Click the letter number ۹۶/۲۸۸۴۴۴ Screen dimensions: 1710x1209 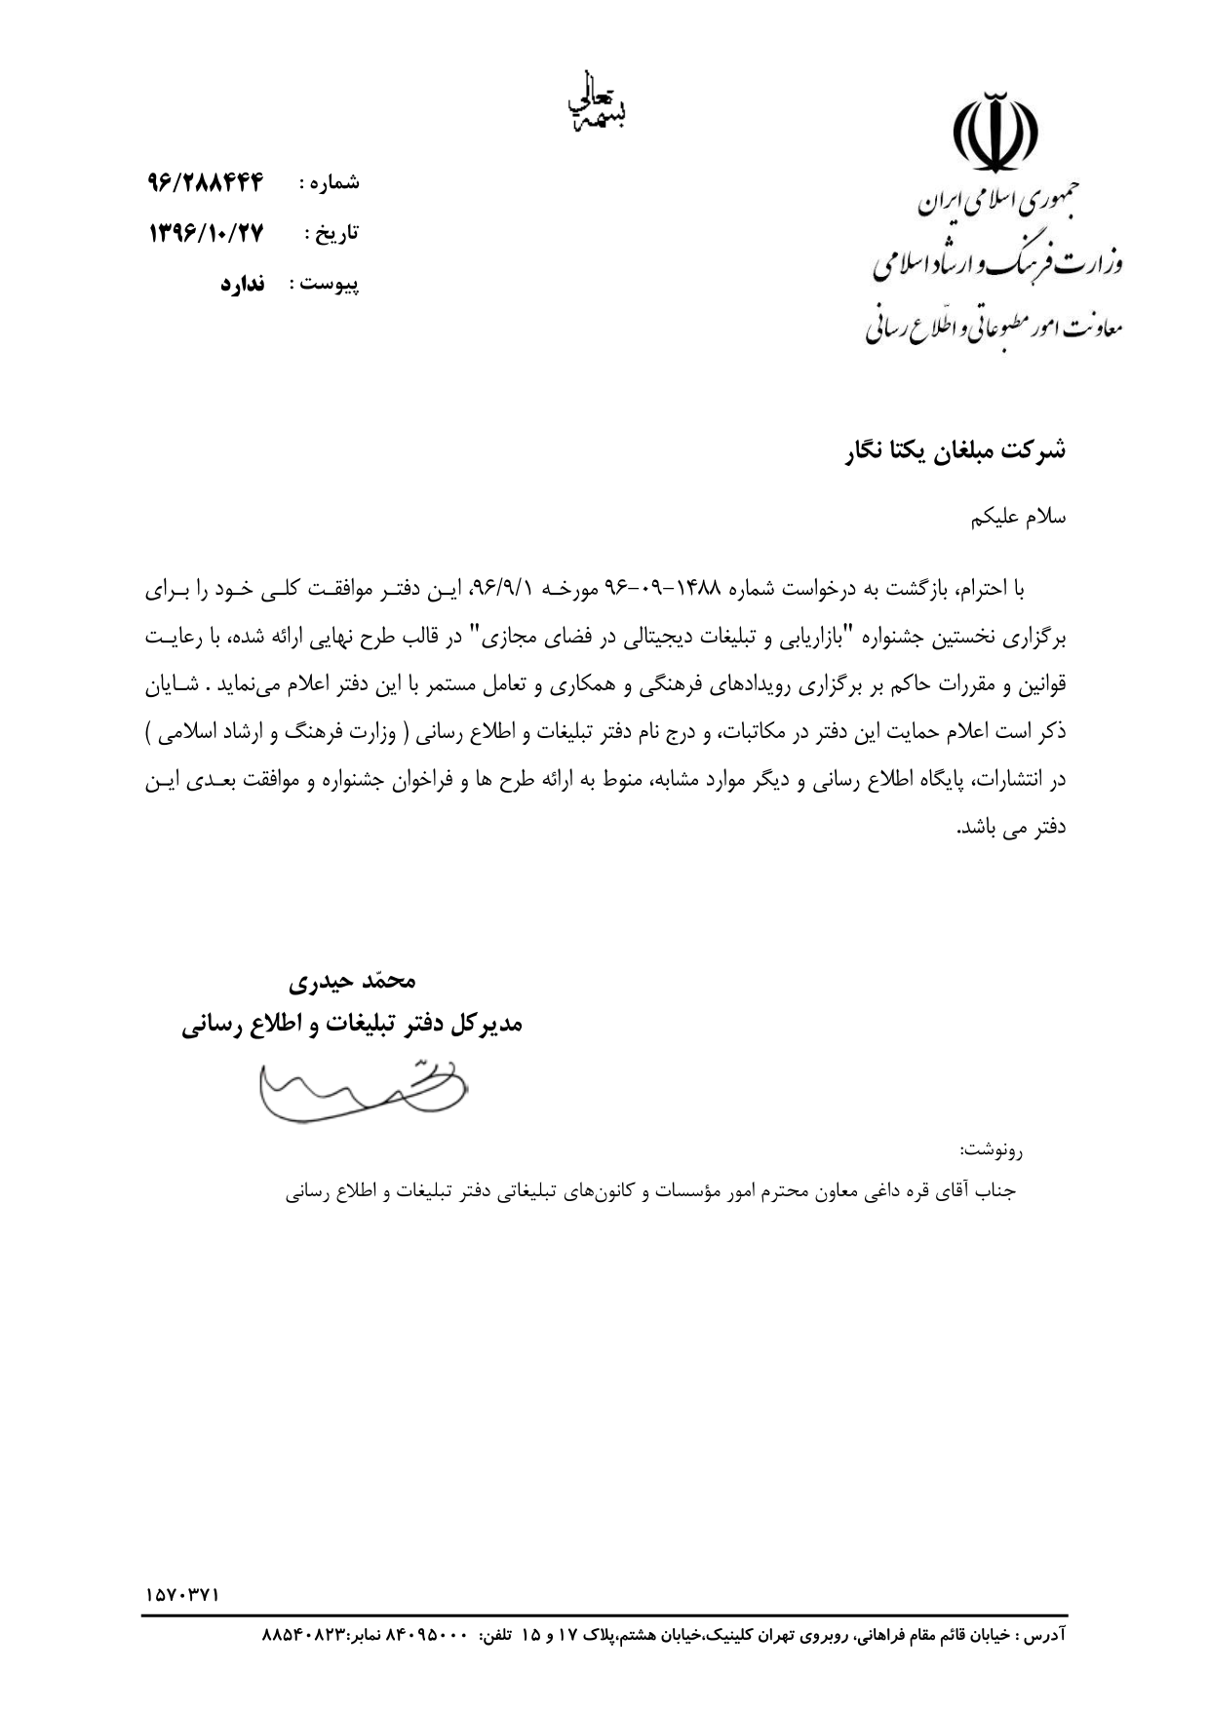207,182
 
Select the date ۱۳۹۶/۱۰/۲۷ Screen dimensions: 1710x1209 207,234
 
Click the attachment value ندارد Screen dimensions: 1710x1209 243,285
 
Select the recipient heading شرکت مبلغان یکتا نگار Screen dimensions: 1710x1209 955,450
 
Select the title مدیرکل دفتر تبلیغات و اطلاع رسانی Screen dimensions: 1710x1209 353,1025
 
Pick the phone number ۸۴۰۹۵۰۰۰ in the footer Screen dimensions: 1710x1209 430,1633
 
